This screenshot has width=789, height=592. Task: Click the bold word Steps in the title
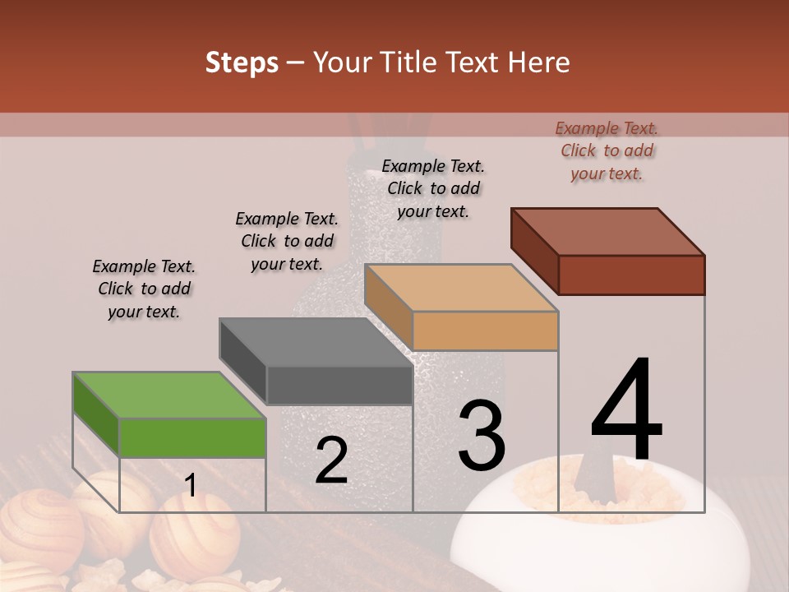[x=242, y=62]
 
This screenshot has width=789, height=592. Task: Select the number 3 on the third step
[x=481, y=436]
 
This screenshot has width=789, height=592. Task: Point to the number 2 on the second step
[x=331, y=460]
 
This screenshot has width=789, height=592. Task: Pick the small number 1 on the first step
[x=191, y=486]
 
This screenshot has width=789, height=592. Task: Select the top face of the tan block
[x=461, y=287]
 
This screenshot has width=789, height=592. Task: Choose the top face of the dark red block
[x=608, y=231]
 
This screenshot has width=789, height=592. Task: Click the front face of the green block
[x=193, y=437]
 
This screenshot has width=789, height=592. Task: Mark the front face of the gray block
[x=339, y=385]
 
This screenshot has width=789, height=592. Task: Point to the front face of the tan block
[x=485, y=331]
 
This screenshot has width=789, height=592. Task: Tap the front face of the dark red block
[x=631, y=275]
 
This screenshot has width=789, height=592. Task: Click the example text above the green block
[x=144, y=289]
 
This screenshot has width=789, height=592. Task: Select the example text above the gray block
[x=287, y=241]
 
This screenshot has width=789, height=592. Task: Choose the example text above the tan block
[x=433, y=188]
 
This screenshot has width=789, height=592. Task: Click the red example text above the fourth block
[x=607, y=150]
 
